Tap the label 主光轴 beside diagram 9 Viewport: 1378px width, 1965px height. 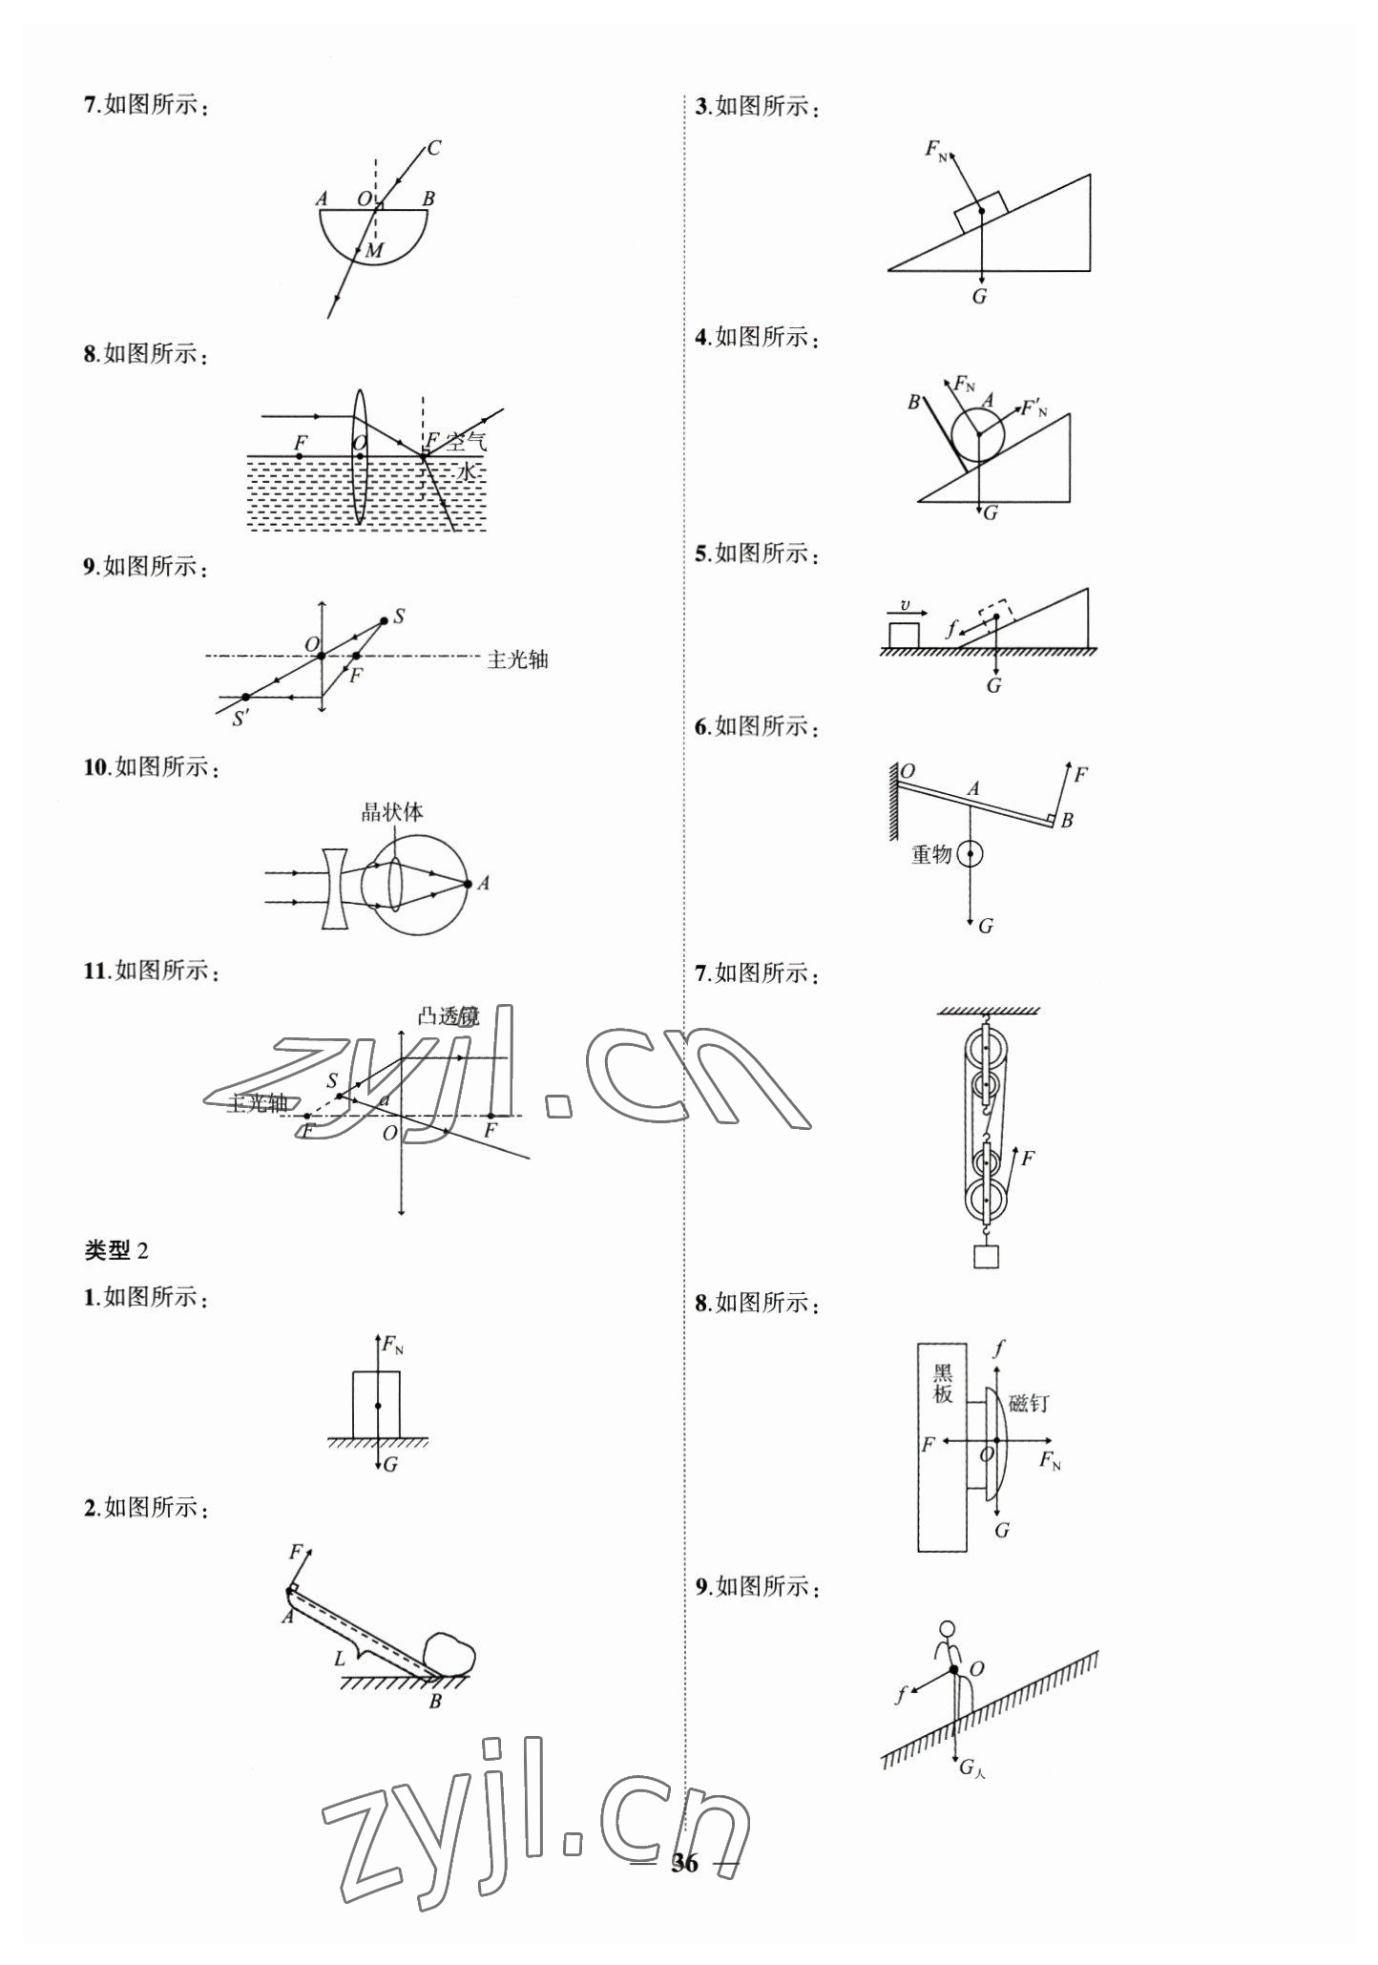pos(517,659)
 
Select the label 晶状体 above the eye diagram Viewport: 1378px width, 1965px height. pos(392,812)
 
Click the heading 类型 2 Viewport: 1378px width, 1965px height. pos(116,1250)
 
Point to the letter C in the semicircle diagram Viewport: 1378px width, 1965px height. pos(434,148)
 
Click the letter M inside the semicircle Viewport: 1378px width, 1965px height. pos(373,251)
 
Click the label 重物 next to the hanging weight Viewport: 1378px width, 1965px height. pos(931,854)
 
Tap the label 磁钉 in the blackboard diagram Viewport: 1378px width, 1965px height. pos(1029,1403)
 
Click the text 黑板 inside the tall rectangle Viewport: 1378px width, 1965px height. pos(943,1384)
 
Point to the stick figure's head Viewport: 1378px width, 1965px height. pos(947,1629)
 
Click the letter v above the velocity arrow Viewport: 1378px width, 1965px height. pos(906,604)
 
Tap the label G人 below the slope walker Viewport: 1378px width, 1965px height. pos(971,1768)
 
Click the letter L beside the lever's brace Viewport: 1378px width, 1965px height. pos(340,1659)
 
